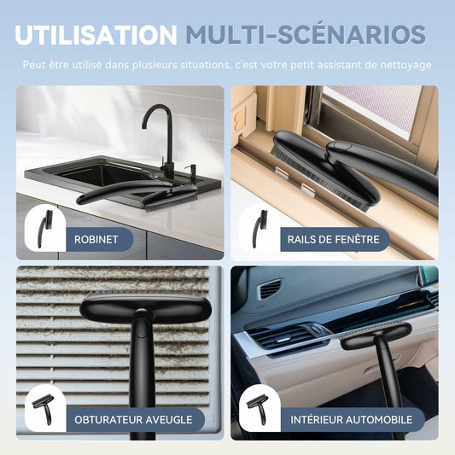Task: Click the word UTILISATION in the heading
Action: pos(96,35)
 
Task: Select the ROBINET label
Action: pos(96,239)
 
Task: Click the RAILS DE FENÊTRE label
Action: pos(334,239)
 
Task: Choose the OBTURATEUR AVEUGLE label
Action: pos(133,420)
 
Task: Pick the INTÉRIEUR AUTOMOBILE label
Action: pos(352,419)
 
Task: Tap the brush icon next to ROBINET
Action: pos(45,229)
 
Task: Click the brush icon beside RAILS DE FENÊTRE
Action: pos(260,229)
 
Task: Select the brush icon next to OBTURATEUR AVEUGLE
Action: pos(44,409)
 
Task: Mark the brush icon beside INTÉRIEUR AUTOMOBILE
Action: pos(257,409)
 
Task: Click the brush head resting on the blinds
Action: pos(145,306)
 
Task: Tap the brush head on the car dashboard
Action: pos(376,336)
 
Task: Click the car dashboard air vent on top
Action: pos(271,289)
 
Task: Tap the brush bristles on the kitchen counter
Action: pos(172,203)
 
